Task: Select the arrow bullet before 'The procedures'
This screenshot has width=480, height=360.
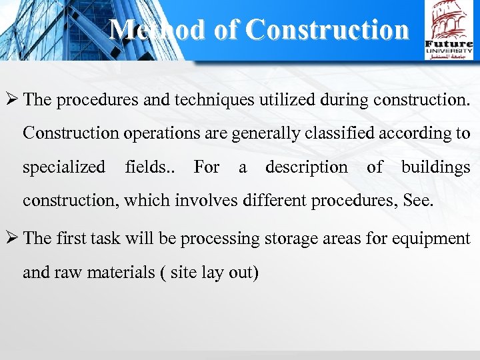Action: tap(11, 100)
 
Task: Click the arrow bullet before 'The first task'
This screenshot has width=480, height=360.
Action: tap(11, 239)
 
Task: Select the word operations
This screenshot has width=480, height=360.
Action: tap(159, 133)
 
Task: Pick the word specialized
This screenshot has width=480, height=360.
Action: tap(64, 167)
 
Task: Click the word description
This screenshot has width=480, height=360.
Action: tap(306, 167)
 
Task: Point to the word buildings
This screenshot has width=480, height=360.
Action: tap(435, 167)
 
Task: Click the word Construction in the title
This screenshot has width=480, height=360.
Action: tap(327, 29)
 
